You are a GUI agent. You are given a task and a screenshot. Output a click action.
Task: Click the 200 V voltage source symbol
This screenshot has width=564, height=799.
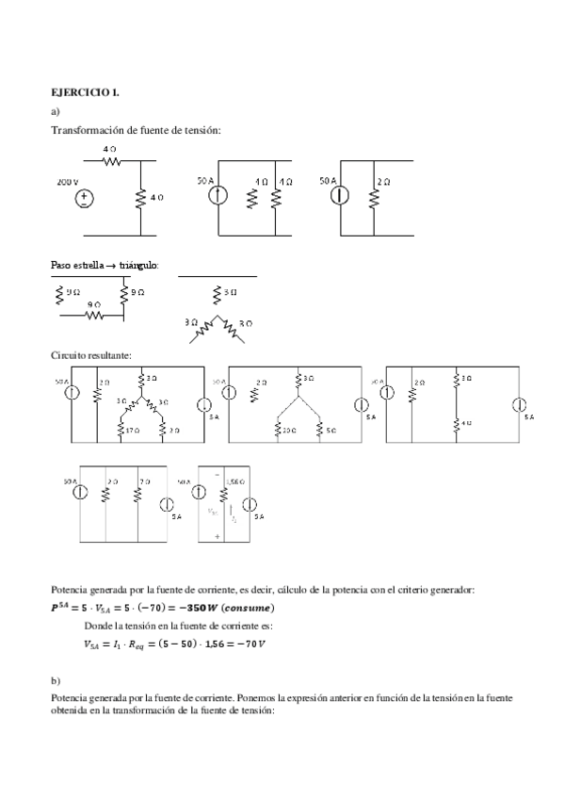point(85,198)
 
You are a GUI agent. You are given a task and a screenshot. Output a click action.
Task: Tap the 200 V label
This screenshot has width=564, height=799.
point(68,180)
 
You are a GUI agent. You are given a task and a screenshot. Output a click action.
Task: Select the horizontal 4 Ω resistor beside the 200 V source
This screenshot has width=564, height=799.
point(111,160)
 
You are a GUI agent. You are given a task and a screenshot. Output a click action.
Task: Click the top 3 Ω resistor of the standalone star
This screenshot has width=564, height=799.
point(218,293)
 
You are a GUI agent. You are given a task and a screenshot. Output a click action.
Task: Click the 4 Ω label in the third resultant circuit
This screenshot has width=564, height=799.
point(465,423)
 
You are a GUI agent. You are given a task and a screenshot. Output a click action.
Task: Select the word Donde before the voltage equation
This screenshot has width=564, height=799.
point(98,625)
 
